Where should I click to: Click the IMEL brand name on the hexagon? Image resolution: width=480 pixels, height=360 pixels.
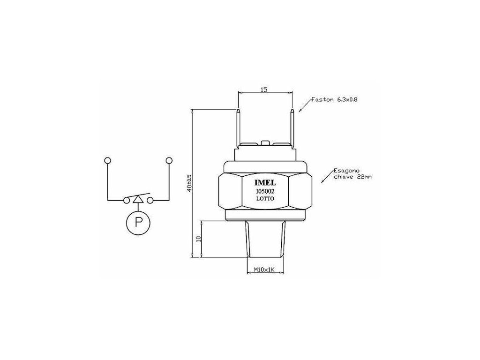tap(265, 183)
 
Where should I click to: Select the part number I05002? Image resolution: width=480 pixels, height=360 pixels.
tap(265, 191)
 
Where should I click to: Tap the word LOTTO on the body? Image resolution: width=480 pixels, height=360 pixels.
tap(265, 198)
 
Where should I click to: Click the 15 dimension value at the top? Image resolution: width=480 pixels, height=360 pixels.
tap(264, 90)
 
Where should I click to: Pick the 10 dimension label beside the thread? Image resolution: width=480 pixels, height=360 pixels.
tap(198, 239)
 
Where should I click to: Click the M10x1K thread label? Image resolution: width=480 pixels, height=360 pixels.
tap(264, 270)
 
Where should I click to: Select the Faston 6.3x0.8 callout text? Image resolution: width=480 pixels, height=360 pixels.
tap(335, 99)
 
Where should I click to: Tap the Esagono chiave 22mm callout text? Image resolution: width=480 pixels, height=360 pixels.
tap(352, 173)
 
